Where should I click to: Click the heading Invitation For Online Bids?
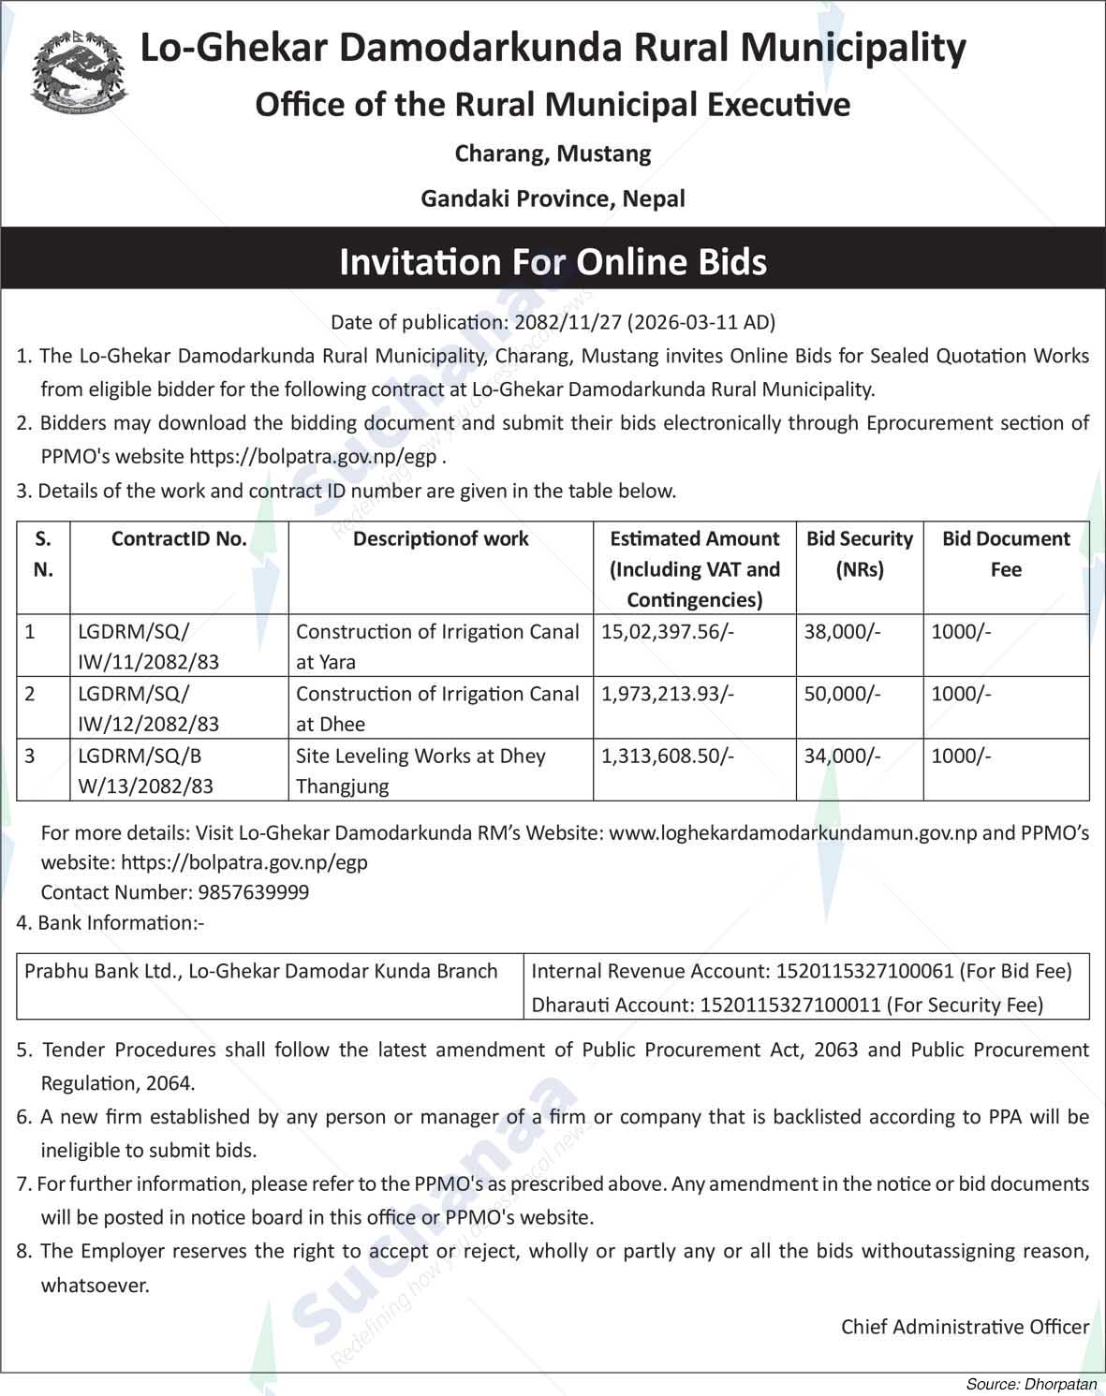(x=553, y=261)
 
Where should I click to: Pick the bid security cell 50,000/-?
(x=842, y=694)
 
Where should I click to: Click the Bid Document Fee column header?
(x=1005, y=553)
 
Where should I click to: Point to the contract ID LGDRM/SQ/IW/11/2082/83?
(x=148, y=646)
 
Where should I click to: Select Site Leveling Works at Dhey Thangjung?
(x=420, y=771)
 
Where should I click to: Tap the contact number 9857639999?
(x=251, y=892)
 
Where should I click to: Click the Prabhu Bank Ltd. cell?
(x=261, y=971)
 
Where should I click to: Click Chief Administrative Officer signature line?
(x=965, y=1326)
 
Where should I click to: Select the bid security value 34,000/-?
(x=842, y=756)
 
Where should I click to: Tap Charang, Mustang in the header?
(x=553, y=153)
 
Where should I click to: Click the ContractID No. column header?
(x=179, y=538)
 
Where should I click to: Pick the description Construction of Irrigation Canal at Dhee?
(x=437, y=709)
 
